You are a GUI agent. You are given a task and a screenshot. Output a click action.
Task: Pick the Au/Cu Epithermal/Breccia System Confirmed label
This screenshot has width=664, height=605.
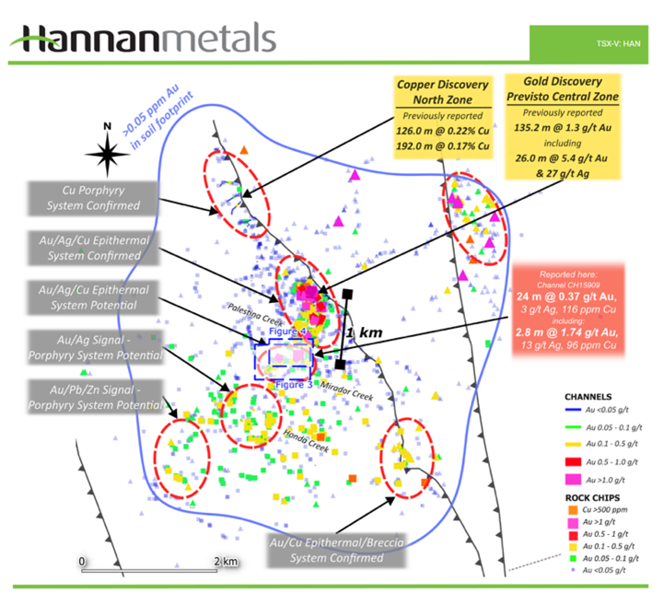point(332,550)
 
